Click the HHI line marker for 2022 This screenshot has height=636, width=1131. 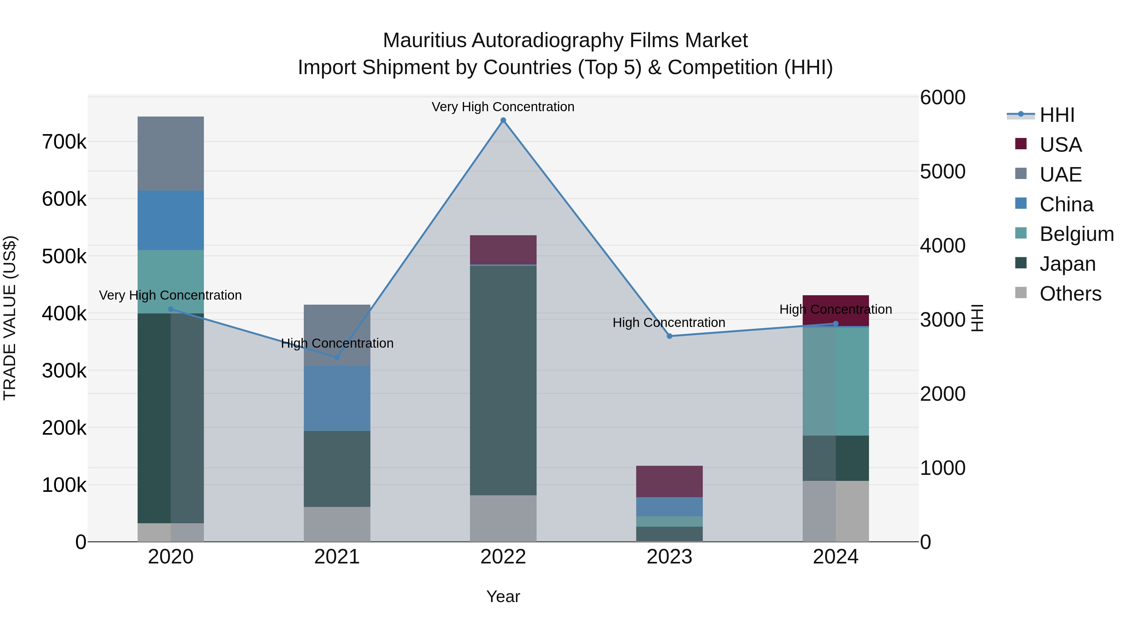pyautogui.click(x=503, y=120)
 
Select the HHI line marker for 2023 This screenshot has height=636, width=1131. pyautogui.click(x=669, y=336)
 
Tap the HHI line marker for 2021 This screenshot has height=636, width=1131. pyautogui.click(x=337, y=357)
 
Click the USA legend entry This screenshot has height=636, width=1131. pyautogui.click(x=1060, y=145)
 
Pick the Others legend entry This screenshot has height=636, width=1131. pyautogui.click(x=1070, y=294)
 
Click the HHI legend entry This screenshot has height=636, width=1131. pyautogui.click(x=1057, y=115)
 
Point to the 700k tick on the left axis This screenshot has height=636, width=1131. pyautogui.click(x=64, y=142)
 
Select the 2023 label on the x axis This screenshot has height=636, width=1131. pyautogui.click(x=669, y=557)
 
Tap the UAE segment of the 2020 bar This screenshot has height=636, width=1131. pyautogui.click(x=171, y=154)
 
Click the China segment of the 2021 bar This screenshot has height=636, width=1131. pyautogui.click(x=337, y=398)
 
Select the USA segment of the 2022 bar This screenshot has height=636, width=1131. pyautogui.click(x=503, y=250)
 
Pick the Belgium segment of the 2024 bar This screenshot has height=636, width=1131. pyautogui.click(x=835, y=381)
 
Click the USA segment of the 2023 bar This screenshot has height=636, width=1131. pyautogui.click(x=669, y=481)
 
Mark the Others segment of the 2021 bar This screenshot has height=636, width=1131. pyautogui.click(x=337, y=524)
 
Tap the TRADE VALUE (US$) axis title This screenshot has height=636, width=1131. pyautogui.click(x=10, y=318)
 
